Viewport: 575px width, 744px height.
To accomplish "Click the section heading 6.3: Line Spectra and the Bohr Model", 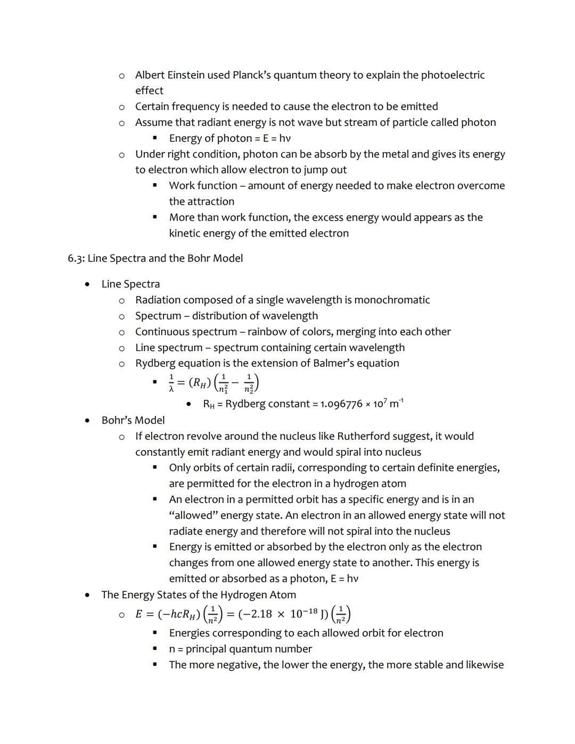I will click(155, 258).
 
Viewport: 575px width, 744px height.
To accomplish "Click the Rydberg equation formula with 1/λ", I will click(213, 382).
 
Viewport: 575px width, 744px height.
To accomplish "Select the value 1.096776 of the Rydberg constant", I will click(341, 404).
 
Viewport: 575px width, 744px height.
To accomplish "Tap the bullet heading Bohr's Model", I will click(133, 420).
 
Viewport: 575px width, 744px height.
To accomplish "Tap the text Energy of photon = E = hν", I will click(230, 138).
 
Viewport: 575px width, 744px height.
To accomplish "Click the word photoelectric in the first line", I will click(453, 75).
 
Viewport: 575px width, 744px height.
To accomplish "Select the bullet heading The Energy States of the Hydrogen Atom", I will click(199, 595).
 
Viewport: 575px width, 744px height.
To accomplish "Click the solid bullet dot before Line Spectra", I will click(87, 284).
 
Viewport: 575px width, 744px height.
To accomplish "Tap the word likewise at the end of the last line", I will click(484, 665).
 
